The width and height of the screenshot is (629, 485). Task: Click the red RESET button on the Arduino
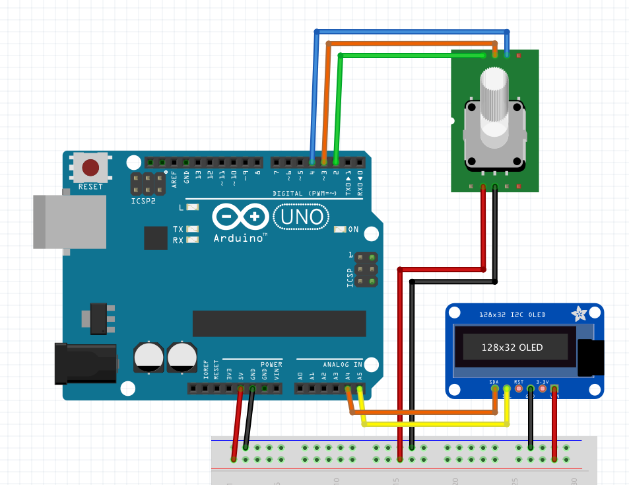point(90,167)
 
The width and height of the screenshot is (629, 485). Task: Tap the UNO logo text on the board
point(301,216)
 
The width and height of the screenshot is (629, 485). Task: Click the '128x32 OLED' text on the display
point(512,348)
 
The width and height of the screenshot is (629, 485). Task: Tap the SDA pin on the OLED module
point(494,389)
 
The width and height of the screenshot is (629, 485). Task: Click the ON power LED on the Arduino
point(341,229)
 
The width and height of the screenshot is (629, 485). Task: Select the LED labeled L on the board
point(192,207)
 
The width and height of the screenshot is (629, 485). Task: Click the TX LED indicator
point(192,229)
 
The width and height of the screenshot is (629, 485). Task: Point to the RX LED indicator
point(192,240)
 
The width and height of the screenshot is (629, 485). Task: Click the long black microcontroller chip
point(279,323)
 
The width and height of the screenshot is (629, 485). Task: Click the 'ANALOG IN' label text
point(343,364)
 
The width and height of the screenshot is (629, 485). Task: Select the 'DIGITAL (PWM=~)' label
point(304,194)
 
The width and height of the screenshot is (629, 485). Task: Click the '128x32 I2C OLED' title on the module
point(512,315)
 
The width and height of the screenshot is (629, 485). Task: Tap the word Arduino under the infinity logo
point(238,237)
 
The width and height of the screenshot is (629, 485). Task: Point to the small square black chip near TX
point(156,238)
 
